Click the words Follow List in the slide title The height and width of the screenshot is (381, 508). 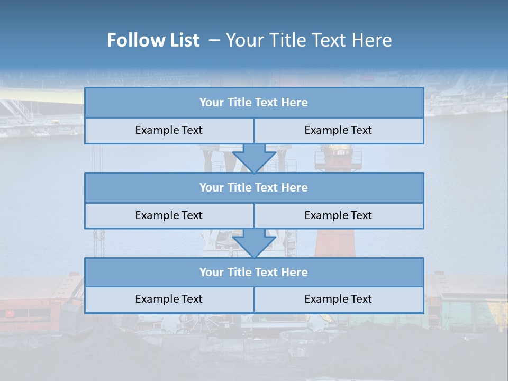pyautogui.click(x=153, y=40)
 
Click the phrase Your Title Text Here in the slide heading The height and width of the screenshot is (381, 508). pyautogui.click(x=309, y=40)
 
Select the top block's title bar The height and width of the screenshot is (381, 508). pyautogui.click(x=254, y=103)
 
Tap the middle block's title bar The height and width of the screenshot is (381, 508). pyautogui.click(x=254, y=187)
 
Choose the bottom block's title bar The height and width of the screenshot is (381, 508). pyautogui.click(x=254, y=272)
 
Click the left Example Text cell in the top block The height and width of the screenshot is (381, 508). pyautogui.click(x=169, y=130)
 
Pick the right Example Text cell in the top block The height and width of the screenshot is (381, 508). pyautogui.click(x=339, y=130)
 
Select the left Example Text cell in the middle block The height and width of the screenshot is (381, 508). pyautogui.click(x=169, y=215)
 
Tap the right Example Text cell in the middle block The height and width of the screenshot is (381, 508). pyautogui.click(x=339, y=215)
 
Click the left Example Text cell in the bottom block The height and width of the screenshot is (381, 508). pyautogui.click(x=169, y=299)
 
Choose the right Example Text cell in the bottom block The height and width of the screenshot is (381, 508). pyautogui.click(x=339, y=299)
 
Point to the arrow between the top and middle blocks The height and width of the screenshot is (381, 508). pyautogui.click(x=254, y=158)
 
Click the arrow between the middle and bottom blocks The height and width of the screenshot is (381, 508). pyautogui.click(x=254, y=243)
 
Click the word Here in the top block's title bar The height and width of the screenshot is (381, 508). pyautogui.click(x=295, y=103)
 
